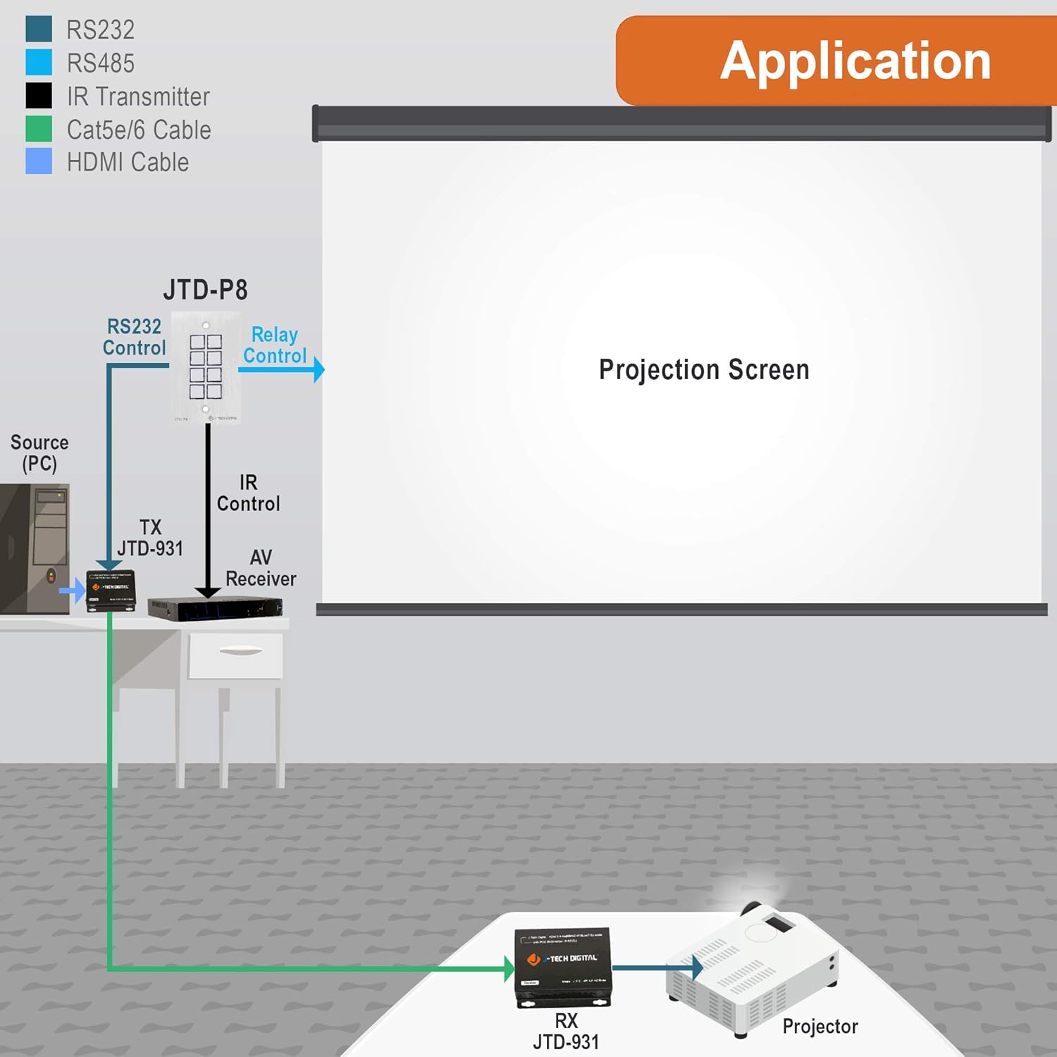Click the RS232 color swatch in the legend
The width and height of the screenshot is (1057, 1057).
(x=39, y=29)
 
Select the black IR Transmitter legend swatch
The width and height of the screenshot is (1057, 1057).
(x=39, y=95)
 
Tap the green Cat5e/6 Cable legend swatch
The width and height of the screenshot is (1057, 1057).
(x=39, y=129)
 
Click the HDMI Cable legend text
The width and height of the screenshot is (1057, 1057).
(x=128, y=163)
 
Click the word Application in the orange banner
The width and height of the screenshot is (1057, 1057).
(x=855, y=61)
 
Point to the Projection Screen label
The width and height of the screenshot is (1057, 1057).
(x=703, y=370)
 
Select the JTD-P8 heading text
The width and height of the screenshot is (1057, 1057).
(x=205, y=290)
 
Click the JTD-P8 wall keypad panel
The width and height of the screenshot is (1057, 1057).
(x=206, y=367)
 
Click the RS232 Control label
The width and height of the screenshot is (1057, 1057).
(x=134, y=337)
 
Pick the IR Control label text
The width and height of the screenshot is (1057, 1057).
(x=248, y=493)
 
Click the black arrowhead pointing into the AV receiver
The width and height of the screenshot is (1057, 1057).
(x=208, y=592)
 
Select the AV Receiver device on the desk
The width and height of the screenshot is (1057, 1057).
(x=215, y=608)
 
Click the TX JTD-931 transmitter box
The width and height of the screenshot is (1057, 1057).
(x=111, y=591)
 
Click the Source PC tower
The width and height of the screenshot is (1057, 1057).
(x=35, y=548)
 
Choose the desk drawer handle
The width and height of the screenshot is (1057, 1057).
(x=240, y=650)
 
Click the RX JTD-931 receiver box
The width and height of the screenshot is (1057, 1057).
(x=562, y=967)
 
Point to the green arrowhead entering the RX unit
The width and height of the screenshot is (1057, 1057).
(x=509, y=969)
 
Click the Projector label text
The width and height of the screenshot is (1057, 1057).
(x=820, y=1027)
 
